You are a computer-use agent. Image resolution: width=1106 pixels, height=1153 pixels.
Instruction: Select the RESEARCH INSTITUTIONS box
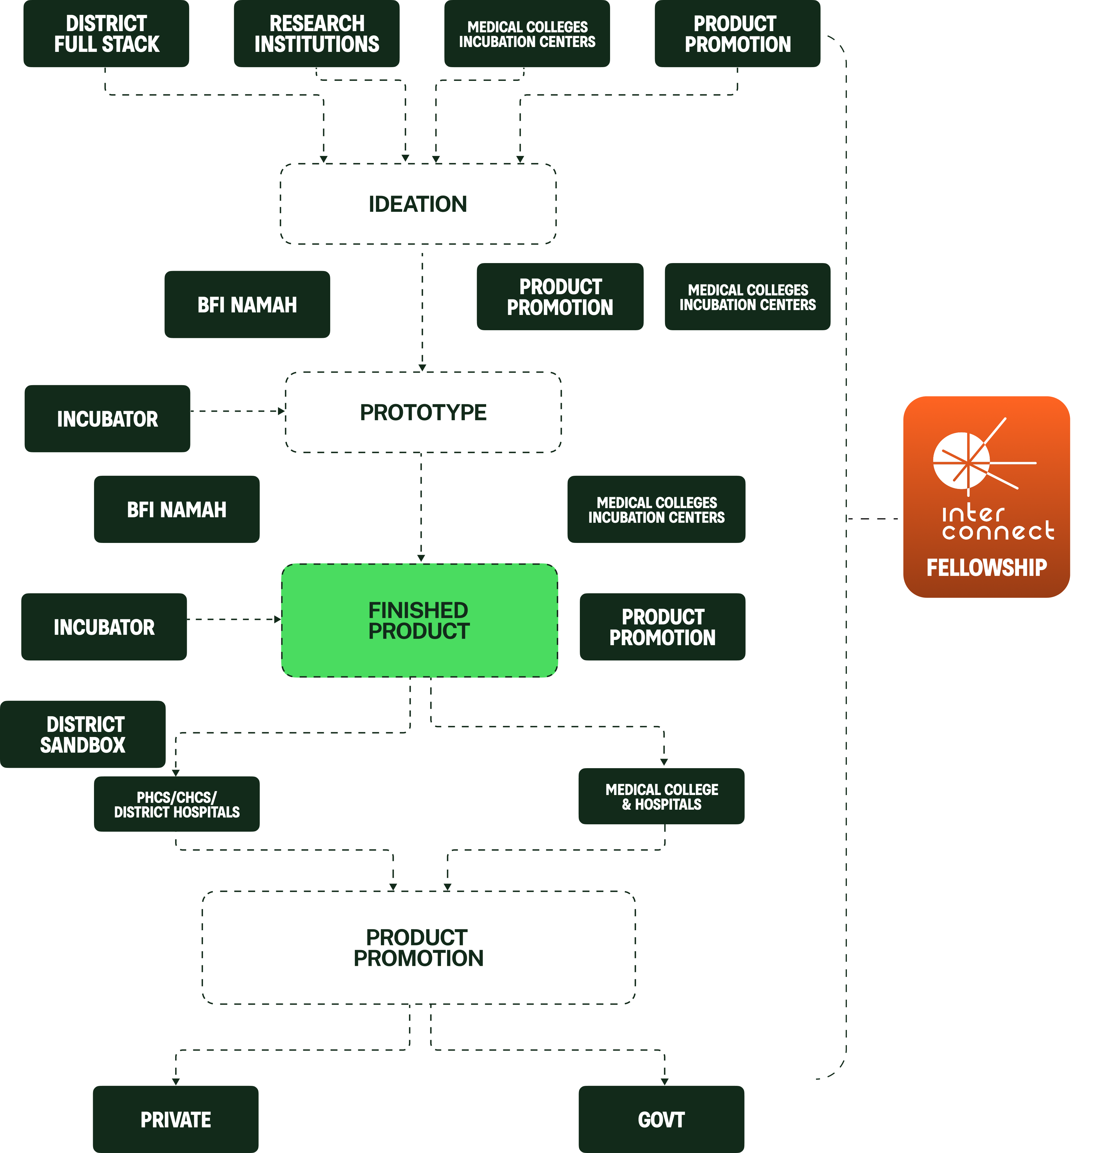click(316, 34)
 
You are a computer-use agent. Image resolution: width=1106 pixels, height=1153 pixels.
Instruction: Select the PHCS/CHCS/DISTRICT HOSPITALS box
click(176, 804)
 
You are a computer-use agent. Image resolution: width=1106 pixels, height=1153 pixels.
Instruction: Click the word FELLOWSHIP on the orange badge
click(987, 568)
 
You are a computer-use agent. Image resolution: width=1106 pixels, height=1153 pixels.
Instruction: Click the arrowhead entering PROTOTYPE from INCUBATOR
click(282, 411)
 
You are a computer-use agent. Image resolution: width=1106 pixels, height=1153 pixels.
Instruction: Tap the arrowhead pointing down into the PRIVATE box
click(175, 1081)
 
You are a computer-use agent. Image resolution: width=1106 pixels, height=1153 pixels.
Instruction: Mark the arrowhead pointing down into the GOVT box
click(664, 1081)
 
